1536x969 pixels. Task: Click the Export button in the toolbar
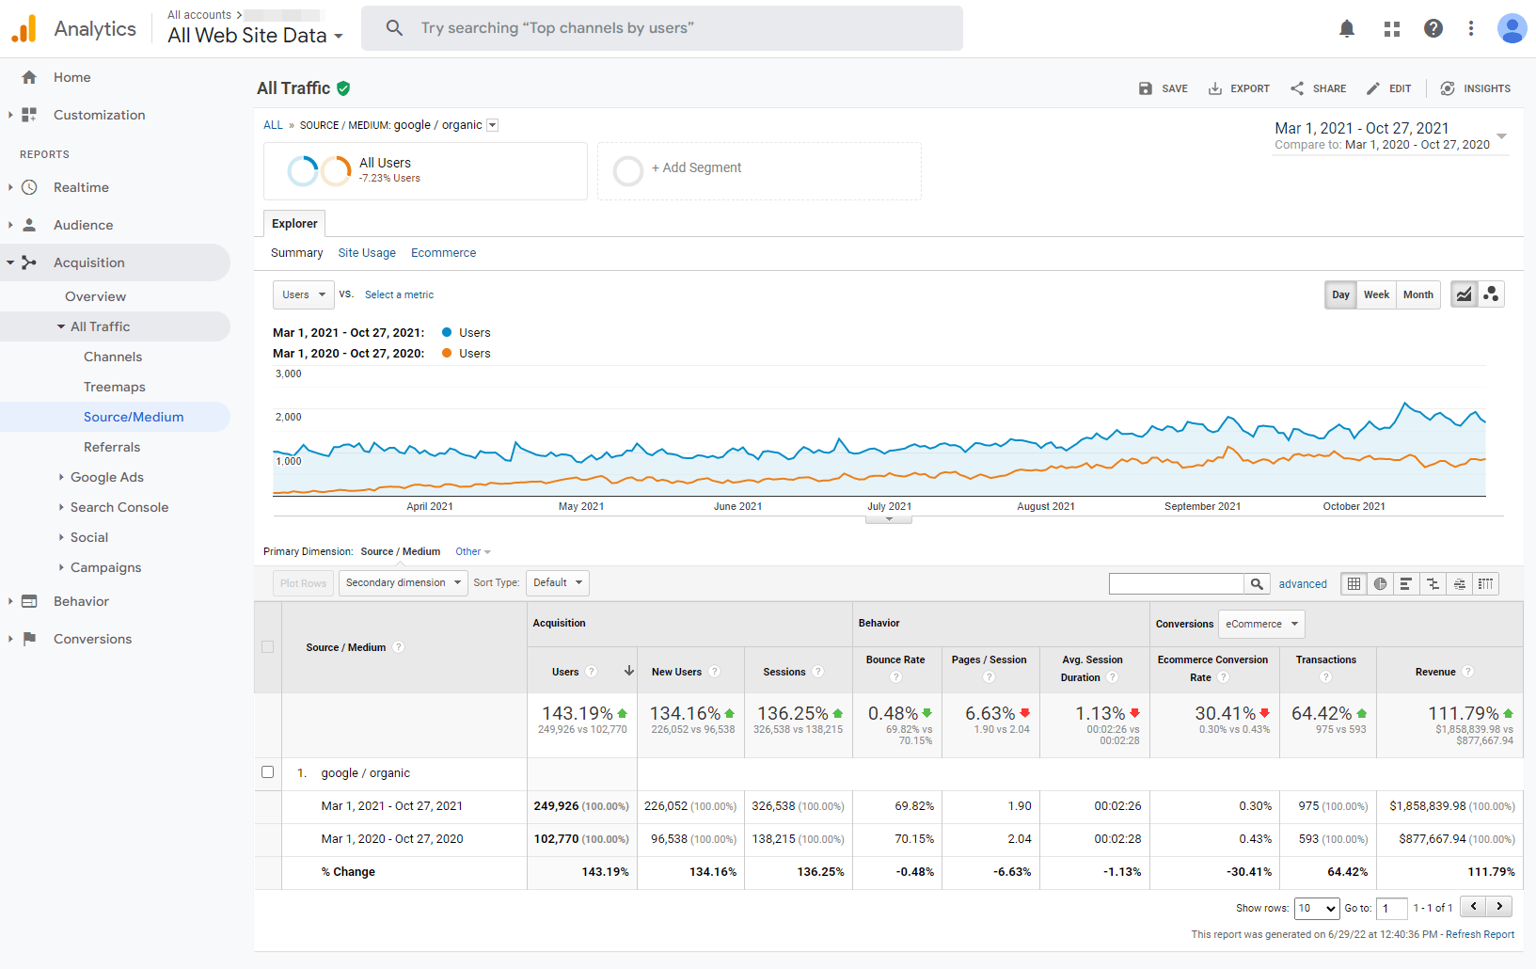pyautogui.click(x=1239, y=88)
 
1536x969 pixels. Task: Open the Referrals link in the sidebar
pyautogui.click(x=112, y=447)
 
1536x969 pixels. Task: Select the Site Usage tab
pyautogui.click(x=367, y=253)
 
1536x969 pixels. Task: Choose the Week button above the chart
pyautogui.click(x=1375, y=294)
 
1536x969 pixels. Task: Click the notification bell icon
pyautogui.click(x=1347, y=28)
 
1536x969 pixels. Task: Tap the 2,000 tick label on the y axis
pyautogui.click(x=288, y=417)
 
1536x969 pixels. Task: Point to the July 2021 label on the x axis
pyautogui.click(x=890, y=506)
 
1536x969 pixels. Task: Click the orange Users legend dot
pyautogui.click(x=447, y=353)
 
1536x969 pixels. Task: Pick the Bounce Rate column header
pyautogui.click(x=895, y=659)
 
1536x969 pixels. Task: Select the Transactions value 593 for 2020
pyautogui.click(x=1308, y=839)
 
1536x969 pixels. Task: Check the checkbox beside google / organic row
pyautogui.click(x=267, y=772)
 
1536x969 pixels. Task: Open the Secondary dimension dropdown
pyautogui.click(x=404, y=583)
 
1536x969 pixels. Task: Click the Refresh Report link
pyautogui.click(x=1480, y=934)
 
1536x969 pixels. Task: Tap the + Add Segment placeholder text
pyautogui.click(x=696, y=168)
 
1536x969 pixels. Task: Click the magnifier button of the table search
pyautogui.click(x=1257, y=583)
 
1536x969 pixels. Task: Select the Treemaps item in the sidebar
pyautogui.click(x=115, y=387)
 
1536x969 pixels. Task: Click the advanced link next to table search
pyautogui.click(x=1302, y=583)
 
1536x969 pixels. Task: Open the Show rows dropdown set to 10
pyautogui.click(x=1317, y=908)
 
